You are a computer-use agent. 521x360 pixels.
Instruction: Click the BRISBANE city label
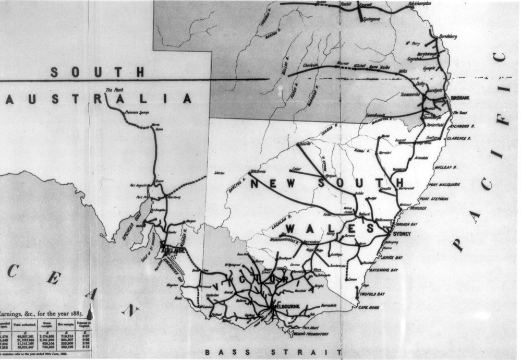click(461, 98)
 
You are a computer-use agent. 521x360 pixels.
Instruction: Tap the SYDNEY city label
click(403, 234)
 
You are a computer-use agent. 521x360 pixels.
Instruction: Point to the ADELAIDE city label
click(173, 250)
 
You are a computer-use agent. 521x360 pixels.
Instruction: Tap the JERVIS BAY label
click(392, 258)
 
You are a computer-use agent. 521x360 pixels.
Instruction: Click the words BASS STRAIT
click(273, 352)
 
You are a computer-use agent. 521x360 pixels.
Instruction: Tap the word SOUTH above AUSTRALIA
click(97, 72)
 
